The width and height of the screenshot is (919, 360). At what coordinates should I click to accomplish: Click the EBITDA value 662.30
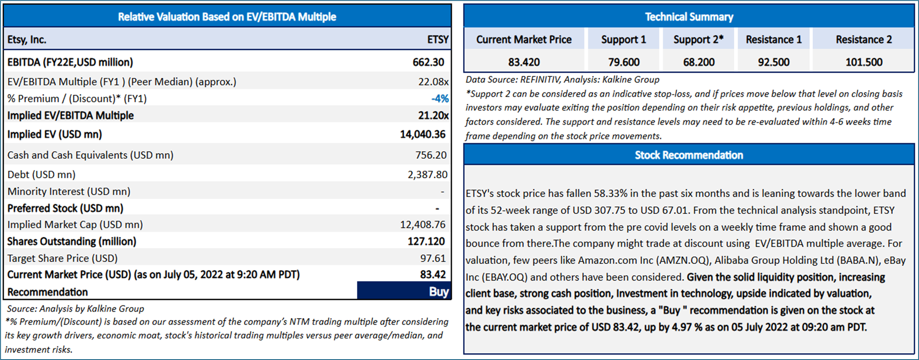(x=428, y=62)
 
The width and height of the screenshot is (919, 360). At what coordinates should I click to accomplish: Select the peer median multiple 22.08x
(x=433, y=82)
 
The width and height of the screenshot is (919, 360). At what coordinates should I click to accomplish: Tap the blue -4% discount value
(x=440, y=99)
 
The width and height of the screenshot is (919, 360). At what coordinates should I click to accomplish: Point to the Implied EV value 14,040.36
(x=422, y=134)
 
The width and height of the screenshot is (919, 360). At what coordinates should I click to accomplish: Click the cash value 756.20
(x=431, y=155)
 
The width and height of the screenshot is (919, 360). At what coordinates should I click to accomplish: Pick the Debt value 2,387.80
(x=427, y=175)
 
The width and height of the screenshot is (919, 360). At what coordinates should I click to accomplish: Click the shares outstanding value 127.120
(x=426, y=241)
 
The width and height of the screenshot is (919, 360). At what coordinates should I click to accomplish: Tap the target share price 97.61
(x=433, y=258)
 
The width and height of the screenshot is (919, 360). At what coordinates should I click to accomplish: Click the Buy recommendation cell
(x=404, y=291)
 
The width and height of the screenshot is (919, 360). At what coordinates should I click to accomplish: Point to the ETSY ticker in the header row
(x=438, y=40)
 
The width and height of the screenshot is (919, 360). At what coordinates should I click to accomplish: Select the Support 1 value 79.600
(x=623, y=62)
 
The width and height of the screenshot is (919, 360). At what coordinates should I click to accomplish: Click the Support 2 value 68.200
(x=698, y=62)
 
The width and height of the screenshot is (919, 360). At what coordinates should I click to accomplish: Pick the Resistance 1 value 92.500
(x=773, y=62)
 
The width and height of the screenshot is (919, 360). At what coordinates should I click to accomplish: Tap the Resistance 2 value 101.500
(x=863, y=62)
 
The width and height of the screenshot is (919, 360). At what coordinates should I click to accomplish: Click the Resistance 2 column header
(x=863, y=40)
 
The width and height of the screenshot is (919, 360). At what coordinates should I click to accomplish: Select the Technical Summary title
(x=689, y=17)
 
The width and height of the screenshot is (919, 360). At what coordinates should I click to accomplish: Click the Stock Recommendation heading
(x=689, y=155)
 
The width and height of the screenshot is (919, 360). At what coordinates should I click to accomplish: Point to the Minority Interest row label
(x=69, y=191)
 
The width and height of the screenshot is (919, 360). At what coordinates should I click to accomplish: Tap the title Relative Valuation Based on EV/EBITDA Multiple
(x=227, y=17)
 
